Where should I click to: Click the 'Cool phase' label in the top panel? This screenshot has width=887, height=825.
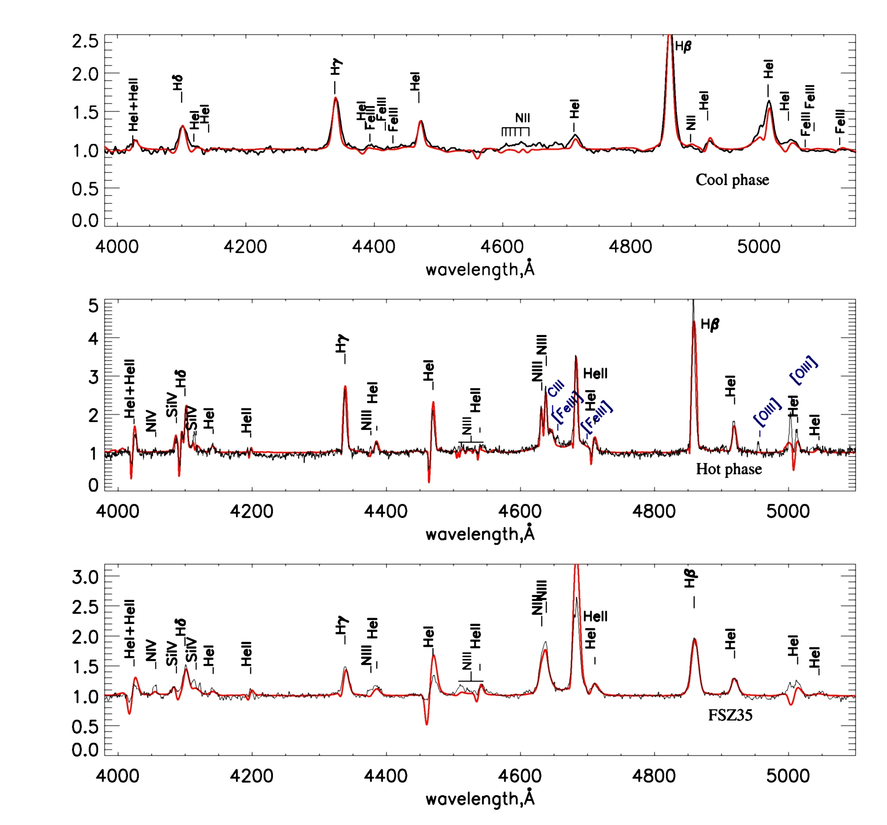[x=732, y=180]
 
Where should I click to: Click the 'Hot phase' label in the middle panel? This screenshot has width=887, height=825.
[x=728, y=469]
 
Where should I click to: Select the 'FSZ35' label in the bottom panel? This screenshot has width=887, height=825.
[x=730, y=715]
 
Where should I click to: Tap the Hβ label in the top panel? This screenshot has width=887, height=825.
[x=683, y=47]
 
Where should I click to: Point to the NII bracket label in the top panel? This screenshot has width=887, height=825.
[x=522, y=118]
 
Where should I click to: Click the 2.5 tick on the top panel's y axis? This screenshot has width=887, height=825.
[x=85, y=41]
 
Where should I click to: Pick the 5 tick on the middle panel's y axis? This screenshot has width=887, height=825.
[x=93, y=306]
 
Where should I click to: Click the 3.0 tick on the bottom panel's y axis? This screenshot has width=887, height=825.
[x=85, y=576]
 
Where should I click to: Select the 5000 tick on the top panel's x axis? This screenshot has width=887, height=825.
[x=758, y=246]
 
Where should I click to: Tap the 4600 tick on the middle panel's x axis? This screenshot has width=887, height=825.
[x=520, y=511]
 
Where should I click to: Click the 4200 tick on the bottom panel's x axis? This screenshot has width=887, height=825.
[x=252, y=776]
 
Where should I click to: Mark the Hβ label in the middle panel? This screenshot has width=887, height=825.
[x=710, y=325]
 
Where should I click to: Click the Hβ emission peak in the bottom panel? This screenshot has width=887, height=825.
[x=694, y=639]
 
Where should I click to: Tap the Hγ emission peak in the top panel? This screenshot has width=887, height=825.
[x=336, y=98]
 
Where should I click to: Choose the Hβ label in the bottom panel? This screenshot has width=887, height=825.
[x=690, y=579]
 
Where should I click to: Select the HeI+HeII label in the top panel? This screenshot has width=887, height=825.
[x=133, y=104]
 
